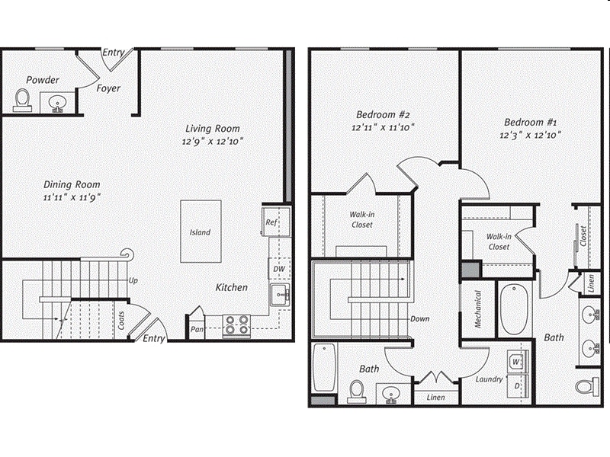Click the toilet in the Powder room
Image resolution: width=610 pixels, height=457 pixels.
coord(23,100)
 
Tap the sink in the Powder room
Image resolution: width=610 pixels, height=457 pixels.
coord(57,103)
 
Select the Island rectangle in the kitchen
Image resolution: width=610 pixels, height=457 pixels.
coord(201,232)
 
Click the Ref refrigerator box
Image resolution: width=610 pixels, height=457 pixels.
coord(271,222)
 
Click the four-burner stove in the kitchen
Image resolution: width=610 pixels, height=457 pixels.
coord(236,325)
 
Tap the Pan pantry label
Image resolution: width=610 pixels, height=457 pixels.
coord(195,330)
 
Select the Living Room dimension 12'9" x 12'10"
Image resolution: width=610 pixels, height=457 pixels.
coord(213,141)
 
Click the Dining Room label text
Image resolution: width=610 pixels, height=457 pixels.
coord(72,184)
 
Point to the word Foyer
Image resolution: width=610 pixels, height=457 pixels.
coord(108,88)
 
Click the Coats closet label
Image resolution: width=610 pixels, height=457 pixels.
coord(120,321)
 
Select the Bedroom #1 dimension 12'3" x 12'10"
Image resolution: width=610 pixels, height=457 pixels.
coord(531,135)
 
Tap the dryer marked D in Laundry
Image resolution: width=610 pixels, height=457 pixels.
coord(516,386)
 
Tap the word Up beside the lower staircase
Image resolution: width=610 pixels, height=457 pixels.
coord(133,280)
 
